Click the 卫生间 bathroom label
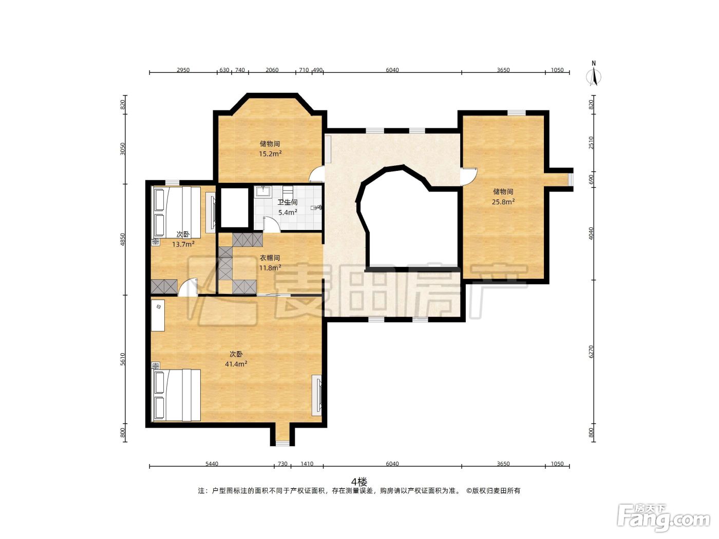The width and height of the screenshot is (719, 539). click(x=287, y=203)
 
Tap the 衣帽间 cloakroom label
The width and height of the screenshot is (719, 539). click(x=270, y=258)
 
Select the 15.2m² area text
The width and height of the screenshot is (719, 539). click(x=271, y=153)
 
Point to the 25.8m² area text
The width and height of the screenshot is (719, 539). click(x=503, y=202)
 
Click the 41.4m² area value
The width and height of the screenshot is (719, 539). click(x=236, y=363)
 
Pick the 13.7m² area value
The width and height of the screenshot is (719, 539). click(x=183, y=244)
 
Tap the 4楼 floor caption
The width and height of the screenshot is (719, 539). click(x=359, y=482)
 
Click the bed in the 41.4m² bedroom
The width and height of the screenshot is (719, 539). click(x=176, y=395)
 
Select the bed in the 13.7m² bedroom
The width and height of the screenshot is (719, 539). click(x=176, y=212)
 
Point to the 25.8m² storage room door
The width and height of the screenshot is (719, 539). click(x=469, y=177)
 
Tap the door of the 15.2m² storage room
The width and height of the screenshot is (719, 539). click(x=316, y=174)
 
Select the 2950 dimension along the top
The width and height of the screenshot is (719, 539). click(x=183, y=70)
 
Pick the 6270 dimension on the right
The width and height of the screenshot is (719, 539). click(x=591, y=352)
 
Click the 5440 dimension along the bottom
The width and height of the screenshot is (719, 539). click(x=212, y=464)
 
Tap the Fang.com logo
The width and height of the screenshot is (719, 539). click(x=664, y=517)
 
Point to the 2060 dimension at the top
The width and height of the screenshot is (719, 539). click(x=272, y=70)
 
